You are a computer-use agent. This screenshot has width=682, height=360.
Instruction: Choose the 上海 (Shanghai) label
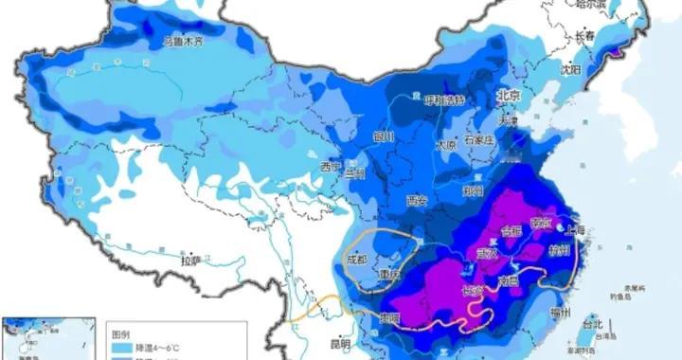tap(574, 230)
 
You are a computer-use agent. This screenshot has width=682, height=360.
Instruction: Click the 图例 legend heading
tap(121, 333)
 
